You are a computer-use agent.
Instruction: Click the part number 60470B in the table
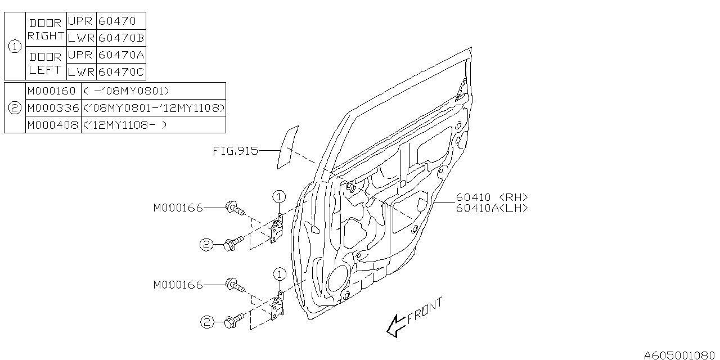point(121,38)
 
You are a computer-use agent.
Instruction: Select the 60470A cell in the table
point(121,55)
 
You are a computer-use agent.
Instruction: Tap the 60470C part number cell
point(121,72)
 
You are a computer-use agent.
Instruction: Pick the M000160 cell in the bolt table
point(51,91)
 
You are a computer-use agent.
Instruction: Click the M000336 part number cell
point(52,107)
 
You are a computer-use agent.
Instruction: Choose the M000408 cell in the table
point(51,125)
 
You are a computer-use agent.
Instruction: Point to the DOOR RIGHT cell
point(46,29)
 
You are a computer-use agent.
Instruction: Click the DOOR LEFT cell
point(45,64)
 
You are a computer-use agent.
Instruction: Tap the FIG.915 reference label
point(235,151)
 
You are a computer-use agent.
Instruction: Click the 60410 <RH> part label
point(491,197)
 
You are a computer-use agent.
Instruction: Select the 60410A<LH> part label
point(492,208)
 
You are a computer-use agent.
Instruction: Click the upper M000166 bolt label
point(178,208)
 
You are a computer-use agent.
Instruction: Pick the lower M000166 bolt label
point(178,285)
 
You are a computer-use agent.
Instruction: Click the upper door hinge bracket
point(277,229)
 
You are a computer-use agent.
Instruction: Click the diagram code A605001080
point(680,355)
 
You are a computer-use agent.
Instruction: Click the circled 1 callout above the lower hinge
point(280,274)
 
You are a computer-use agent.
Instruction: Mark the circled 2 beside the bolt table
point(15,107)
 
